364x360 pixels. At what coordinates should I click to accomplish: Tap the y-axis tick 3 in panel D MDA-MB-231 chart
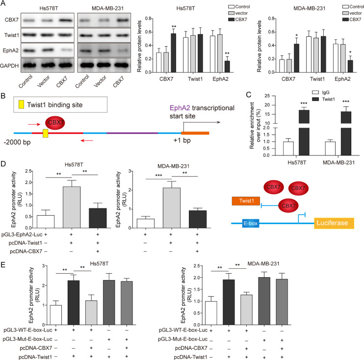tap(131, 170)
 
